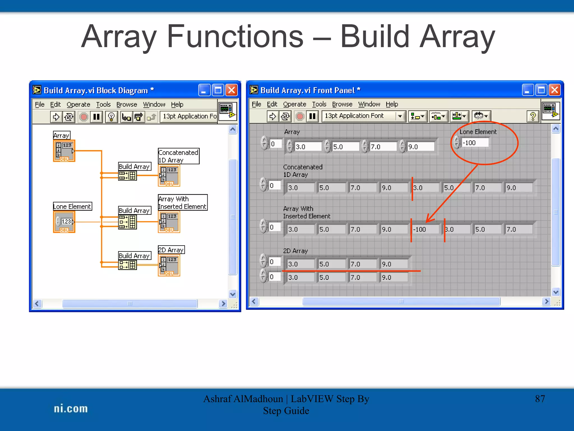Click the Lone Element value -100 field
(475, 143)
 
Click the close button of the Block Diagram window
(232, 90)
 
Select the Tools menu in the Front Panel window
(319, 104)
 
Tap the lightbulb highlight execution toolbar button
(111, 117)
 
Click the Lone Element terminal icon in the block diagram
(64, 222)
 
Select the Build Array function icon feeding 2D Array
(128, 265)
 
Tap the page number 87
(540, 399)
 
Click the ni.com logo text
(71, 409)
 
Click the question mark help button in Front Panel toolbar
(533, 116)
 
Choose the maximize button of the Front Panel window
(541, 90)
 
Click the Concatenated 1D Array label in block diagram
(179, 156)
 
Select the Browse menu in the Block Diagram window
(127, 104)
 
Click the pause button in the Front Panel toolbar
(312, 116)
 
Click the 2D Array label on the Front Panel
(295, 251)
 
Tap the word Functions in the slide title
(235, 36)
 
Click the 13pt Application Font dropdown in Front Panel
(364, 116)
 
